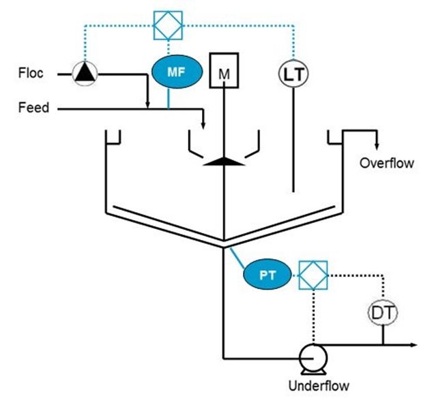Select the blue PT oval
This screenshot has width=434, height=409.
(x=267, y=274)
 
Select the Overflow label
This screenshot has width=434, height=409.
(x=387, y=164)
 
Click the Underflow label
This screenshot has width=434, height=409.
(x=319, y=386)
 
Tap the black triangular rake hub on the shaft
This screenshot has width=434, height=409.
(x=225, y=162)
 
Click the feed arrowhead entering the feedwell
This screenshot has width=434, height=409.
(x=203, y=125)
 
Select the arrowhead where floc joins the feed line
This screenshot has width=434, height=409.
(x=147, y=105)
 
